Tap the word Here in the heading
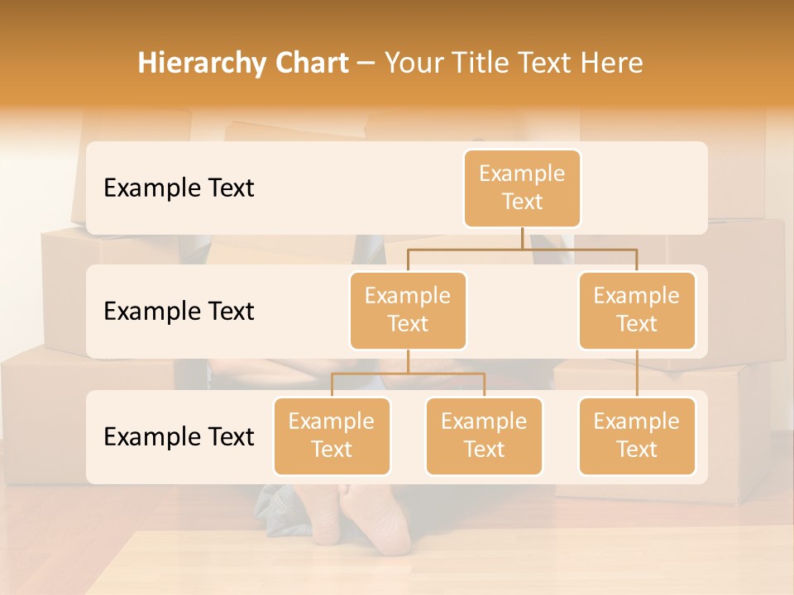pyautogui.click(x=612, y=64)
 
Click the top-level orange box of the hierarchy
pyautogui.click(x=522, y=188)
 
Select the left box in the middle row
pyautogui.click(x=408, y=310)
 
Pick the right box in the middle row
pyautogui.click(x=637, y=310)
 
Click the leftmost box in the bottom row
pyautogui.click(x=332, y=436)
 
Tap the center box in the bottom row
pyautogui.click(x=484, y=436)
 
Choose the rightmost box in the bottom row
pyautogui.click(x=637, y=436)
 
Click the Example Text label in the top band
pyautogui.click(x=179, y=188)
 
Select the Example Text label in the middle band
pyautogui.click(x=179, y=311)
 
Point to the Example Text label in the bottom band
pyautogui.click(x=179, y=436)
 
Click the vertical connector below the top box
pyautogui.click(x=522, y=238)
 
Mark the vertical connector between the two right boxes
pyautogui.click(x=637, y=373)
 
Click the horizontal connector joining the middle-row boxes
pyautogui.click(x=522, y=248)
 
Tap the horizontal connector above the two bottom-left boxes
pyautogui.click(x=408, y=374)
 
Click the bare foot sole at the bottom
pyautogui.click(x=376, y=521)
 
